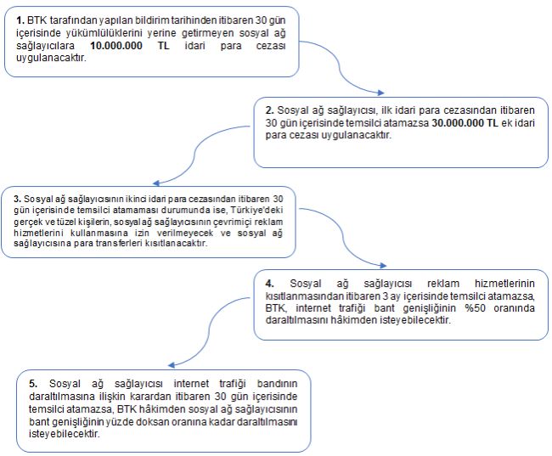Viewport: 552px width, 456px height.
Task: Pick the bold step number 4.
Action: coord(269,283)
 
